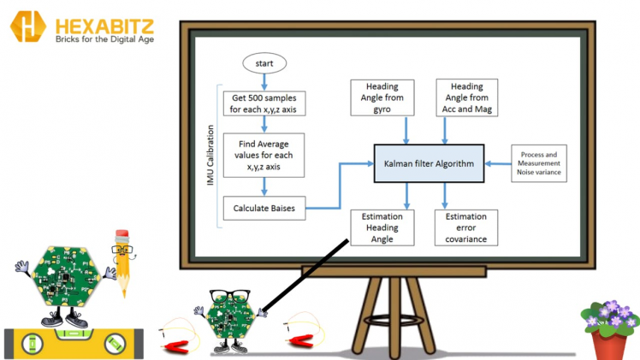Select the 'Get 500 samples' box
point(264,104)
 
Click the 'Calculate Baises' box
point(264,207)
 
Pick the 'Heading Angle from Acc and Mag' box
point(467,97)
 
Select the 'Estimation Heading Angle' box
point(382,227)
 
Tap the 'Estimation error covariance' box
point(467,227)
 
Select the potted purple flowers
point(609,324)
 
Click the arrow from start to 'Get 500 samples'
point(264,81)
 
